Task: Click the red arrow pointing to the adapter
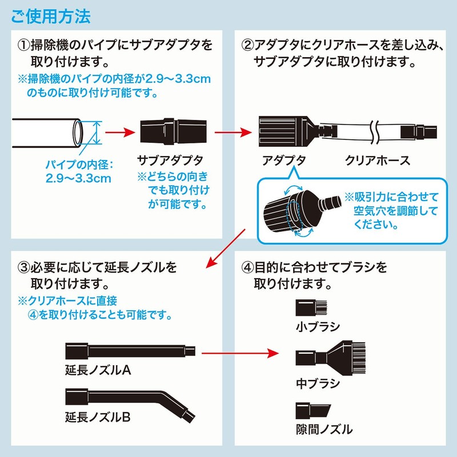coord(232,133)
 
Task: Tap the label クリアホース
coord(378,160)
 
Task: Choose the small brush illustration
coord(312,309)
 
